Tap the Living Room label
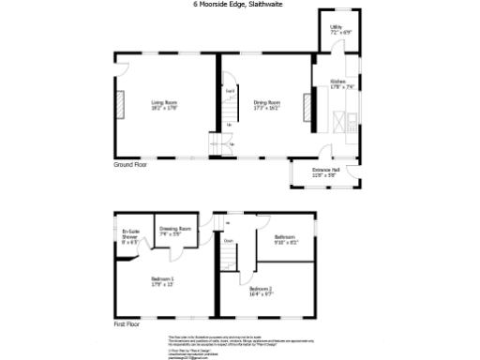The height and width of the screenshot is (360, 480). [165, 101]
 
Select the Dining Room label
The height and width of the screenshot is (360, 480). [266, 101]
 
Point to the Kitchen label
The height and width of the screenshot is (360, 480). [337, 82]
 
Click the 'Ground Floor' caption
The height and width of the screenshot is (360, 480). [132, 164]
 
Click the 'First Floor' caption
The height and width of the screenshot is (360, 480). [127, 324]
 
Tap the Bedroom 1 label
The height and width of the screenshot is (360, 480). [163, 278]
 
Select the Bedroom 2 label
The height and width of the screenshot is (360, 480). [262, 289]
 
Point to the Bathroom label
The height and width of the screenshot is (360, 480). [285, 236]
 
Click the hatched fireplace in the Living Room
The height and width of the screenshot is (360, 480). [120, 104]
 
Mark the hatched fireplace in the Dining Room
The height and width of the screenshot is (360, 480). [305, 109]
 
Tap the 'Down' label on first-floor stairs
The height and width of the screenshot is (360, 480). [228, 241]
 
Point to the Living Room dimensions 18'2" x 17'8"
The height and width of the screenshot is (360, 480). [165, 107]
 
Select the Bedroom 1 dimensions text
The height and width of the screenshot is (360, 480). [163, 284]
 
